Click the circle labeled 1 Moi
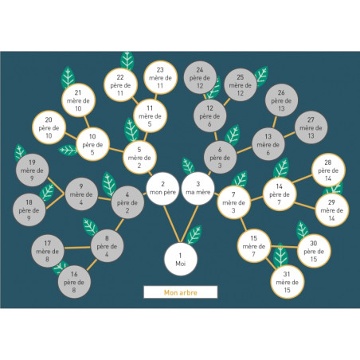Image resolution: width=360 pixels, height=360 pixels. click(181, 259)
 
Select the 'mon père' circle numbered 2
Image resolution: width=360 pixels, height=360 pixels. click(162, 189)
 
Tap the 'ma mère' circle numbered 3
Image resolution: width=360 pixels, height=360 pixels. click(198, 189)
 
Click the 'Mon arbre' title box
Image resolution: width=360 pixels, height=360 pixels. click(181, 292)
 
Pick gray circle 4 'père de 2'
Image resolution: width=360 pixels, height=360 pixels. click(127, 202)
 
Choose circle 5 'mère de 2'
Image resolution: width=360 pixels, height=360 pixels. click(139, 158)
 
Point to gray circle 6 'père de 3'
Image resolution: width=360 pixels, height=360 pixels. click(220, 158)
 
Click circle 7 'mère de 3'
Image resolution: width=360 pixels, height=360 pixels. click(233, 202)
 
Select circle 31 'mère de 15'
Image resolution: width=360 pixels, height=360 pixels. click(288, 282)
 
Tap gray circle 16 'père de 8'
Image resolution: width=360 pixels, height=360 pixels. click(74, 282)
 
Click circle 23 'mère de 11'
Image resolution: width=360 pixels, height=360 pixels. click(160, 77)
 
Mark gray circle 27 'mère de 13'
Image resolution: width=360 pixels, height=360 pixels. click(311, 127)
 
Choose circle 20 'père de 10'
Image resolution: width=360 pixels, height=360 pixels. click(49, 127)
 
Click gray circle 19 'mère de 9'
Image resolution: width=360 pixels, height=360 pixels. click(32, 170)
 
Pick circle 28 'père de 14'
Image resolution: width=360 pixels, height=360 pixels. click(328, 170)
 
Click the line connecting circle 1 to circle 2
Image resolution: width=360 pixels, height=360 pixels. click(172, 224)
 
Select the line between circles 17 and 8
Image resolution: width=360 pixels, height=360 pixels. click(77, 248)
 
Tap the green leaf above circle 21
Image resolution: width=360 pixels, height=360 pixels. click(68, 77)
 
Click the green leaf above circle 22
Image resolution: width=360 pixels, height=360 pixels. click(127, 61)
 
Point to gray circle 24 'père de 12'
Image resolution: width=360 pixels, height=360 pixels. click(200, 77)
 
